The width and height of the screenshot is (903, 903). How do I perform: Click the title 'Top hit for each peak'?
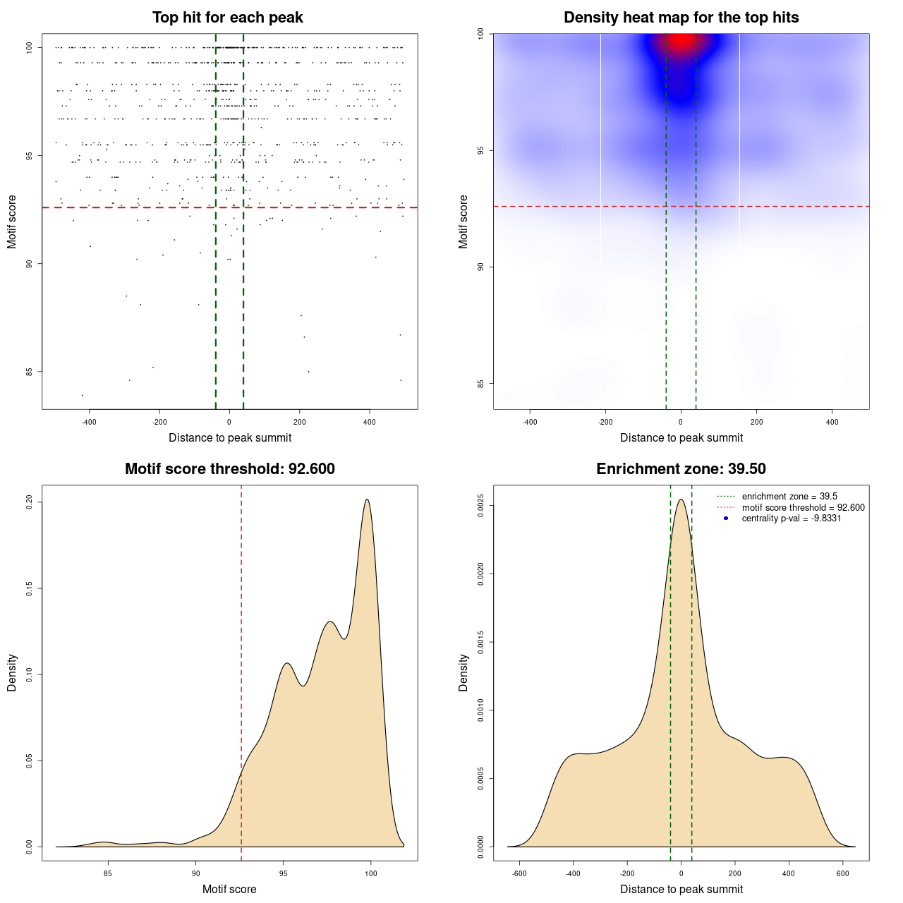228,18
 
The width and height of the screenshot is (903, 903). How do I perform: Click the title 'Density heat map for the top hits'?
681,18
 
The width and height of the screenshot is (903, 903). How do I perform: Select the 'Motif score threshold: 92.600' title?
229,469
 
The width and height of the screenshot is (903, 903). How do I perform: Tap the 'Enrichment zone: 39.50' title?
681,469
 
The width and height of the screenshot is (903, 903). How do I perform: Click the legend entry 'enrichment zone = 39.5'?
789,497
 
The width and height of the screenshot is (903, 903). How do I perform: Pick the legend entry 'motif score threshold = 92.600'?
803,507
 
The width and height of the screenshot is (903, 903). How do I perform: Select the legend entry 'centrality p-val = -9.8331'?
791,519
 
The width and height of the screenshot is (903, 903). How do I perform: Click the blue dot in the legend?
726,519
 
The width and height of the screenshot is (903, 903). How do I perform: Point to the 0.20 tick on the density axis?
30,502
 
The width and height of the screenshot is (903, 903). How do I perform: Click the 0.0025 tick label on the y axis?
481,506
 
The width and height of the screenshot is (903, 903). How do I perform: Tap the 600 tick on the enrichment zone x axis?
842,873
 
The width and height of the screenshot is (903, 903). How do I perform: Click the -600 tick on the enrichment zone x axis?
520,873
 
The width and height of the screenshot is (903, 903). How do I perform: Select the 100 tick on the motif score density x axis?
371,873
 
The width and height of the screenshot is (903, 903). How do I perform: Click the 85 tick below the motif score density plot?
108,873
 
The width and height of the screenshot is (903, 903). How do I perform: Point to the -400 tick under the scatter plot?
89,422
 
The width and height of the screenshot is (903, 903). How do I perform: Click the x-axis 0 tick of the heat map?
681,422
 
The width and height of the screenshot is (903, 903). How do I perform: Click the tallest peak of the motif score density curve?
367,499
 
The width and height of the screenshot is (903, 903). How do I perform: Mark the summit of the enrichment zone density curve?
681,499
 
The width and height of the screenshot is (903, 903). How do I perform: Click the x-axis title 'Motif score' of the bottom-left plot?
229,889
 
